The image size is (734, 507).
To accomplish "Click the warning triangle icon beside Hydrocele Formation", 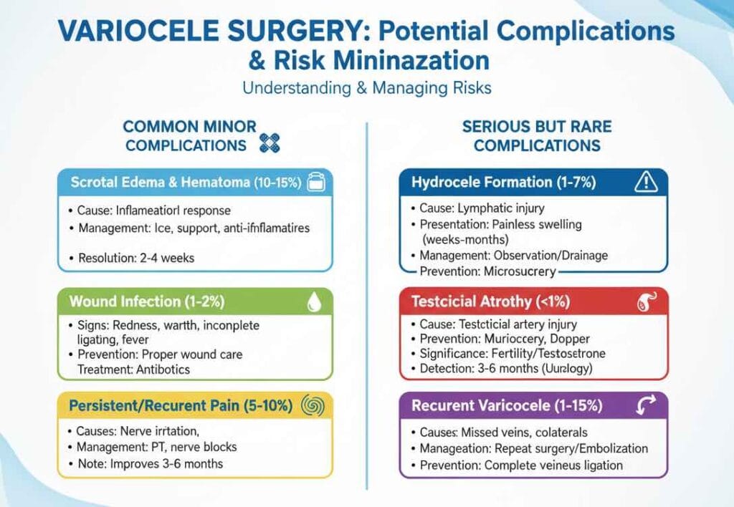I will click(x=646, y=183).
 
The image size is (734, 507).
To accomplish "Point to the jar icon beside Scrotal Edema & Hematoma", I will click(x=315, y=183).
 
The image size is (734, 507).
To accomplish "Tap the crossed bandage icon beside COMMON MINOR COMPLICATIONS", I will click(x=269, y=143).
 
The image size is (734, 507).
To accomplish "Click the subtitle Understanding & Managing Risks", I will click(x=366, y=89).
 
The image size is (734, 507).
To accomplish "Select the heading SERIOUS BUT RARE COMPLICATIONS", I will click(x=537, y=136).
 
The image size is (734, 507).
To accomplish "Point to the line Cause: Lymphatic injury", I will click(x=479, y=208).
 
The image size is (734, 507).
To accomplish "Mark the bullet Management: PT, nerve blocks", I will click(x=156, y=448).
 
